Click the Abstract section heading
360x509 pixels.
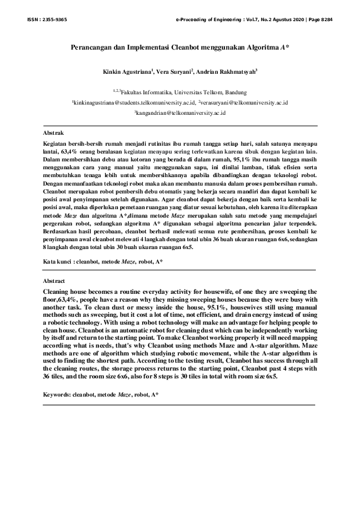tap(54, 282)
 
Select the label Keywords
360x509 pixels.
tap(56, 394)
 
